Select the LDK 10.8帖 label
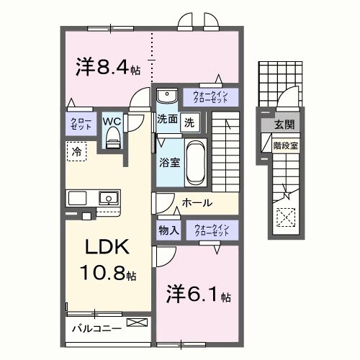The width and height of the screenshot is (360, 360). pyautogui.click(x=108, y=259)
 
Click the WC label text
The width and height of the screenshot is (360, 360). pyautogui.click(x=112, y=120)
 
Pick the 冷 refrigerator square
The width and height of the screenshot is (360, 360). pyautogui.click(x=76, y=151)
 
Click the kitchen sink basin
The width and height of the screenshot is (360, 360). pyautogui.click(x=109, y=197)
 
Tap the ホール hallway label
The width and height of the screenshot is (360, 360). pyautogui.click(x=196, y=204)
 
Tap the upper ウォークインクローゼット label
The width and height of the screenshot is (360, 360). pyautogui.click(x=210, y=96)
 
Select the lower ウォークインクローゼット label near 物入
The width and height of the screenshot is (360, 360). pyautogui.click(x=210, y=230)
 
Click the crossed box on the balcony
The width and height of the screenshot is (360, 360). pyautogui.click(x=135, y=323)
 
